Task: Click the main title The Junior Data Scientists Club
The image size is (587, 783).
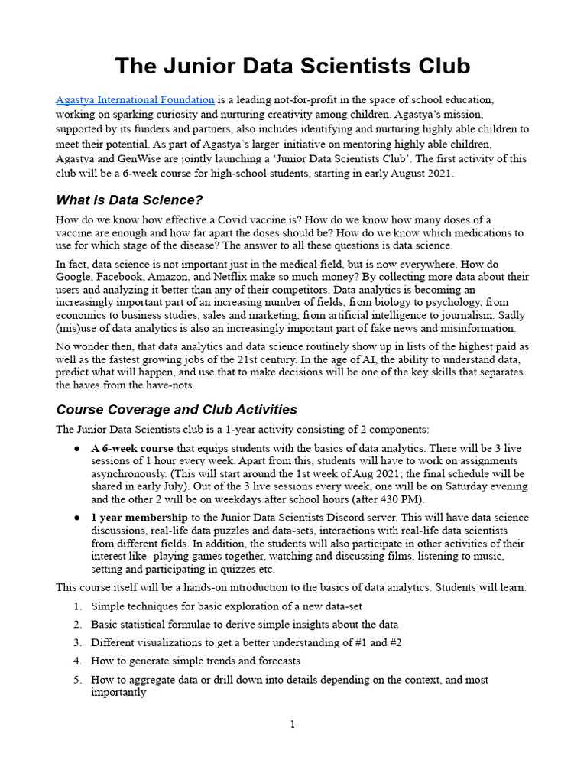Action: (x=293, y=67)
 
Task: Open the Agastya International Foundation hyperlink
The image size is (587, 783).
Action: (x=135, y=100)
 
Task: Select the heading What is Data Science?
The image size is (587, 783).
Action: (x=129, y=200)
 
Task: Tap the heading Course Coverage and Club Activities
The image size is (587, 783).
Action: (x=177, y=409)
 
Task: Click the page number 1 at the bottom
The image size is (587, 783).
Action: (x=292, y=725)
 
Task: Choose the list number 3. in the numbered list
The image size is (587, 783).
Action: (x=77, y=642)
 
